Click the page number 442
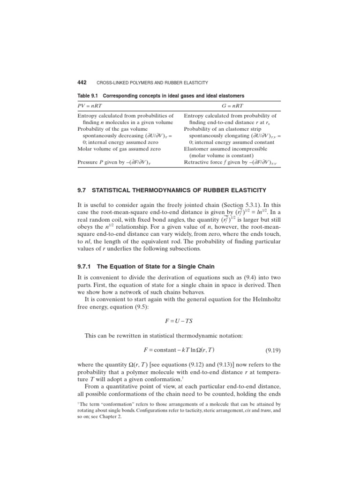(x=83, y=82)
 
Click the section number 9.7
(x=82, y=190)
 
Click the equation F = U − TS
(x=179, y=320)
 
